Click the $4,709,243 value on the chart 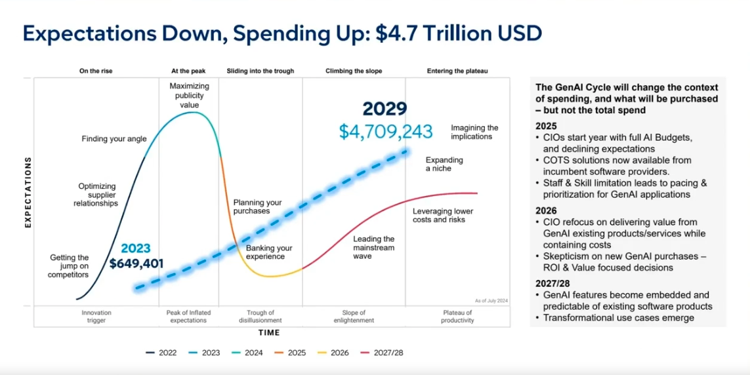[386, 131]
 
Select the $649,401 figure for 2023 [136, 264]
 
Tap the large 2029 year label [385, 109]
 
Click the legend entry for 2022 [161, 353]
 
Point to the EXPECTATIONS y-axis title [28, 192]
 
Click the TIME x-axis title [269, 333]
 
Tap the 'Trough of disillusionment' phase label [260, 317]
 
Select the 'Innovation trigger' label [96, 317]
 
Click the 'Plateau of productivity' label [457, 317]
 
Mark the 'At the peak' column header [188, 71]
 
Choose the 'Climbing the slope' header [354, 71]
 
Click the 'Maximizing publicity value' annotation [189, 95]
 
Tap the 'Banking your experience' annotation [269, 252]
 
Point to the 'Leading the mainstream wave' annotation [373, 247]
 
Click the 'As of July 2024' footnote [491, 300]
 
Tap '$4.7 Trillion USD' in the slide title [459, 33]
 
